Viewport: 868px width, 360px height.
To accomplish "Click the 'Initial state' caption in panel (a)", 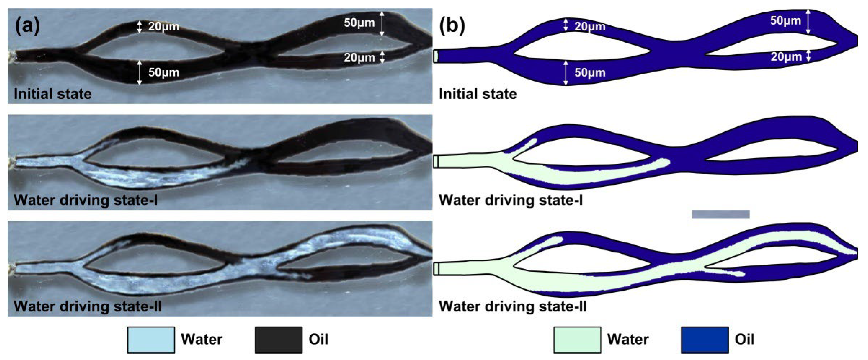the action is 52,94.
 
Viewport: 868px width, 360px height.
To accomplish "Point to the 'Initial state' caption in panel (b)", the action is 478,94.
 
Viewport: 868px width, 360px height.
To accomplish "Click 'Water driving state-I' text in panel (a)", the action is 86,200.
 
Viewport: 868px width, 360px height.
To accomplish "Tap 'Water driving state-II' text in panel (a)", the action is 88,307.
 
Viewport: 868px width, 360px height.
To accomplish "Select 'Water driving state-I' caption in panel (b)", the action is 510,200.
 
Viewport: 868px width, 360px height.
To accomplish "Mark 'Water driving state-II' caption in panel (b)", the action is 513,307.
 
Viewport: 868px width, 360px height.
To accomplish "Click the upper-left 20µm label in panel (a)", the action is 163,27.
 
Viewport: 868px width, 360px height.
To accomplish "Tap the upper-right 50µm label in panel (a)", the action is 359,23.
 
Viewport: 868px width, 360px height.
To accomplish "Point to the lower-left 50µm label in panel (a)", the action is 163,72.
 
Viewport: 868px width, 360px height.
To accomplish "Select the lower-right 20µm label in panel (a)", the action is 359,58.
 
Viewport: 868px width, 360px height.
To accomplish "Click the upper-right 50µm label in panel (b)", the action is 785,21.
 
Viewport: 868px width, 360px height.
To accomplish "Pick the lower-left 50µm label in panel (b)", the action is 590,72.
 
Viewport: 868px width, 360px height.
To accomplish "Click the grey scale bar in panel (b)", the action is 721,214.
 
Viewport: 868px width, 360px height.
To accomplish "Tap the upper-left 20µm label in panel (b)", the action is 590,27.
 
